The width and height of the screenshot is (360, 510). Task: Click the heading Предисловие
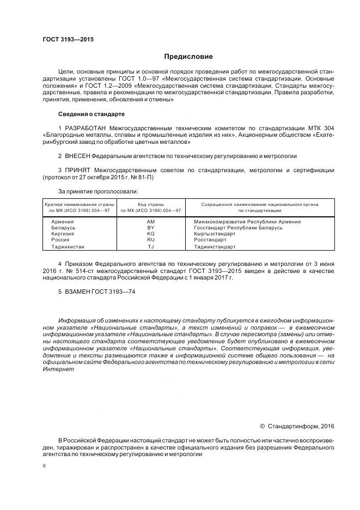pos(188,57)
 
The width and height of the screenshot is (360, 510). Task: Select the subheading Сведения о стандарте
pos(91,114)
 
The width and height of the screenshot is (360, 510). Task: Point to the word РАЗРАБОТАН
pos(85,127)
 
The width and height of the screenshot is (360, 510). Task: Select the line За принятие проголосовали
pos(98,191)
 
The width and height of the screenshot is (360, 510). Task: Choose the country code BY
pos(151,228)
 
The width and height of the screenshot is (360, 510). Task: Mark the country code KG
pos(151,233)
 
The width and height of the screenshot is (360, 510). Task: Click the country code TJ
pos(151,246)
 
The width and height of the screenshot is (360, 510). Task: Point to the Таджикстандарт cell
pos(215,246)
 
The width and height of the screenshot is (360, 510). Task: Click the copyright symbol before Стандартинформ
pos(263,426)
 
